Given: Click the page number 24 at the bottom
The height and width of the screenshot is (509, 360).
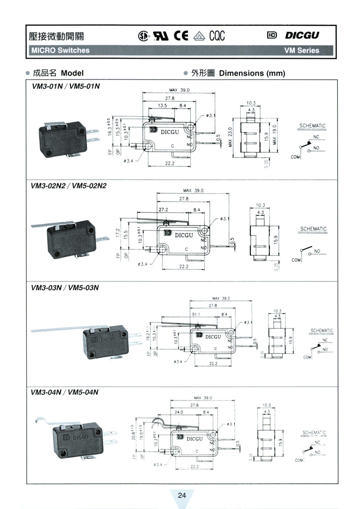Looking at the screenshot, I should [181, 495].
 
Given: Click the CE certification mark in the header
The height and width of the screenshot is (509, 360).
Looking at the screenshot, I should [181, 35].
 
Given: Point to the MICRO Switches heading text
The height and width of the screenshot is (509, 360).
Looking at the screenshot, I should [60, 50].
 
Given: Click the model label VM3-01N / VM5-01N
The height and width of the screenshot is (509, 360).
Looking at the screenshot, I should [65, 87].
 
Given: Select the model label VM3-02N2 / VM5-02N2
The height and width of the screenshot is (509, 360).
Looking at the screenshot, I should [69, 185].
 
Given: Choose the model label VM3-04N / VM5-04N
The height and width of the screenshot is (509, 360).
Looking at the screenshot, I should [65, 392].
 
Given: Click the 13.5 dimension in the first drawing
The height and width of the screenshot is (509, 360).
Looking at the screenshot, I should [162, 105].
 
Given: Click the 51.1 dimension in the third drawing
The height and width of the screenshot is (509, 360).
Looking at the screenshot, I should [197, 315].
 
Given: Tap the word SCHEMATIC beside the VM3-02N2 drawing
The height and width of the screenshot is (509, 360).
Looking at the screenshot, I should [313, 228].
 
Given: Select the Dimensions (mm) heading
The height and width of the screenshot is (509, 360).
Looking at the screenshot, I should [252, 73].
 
